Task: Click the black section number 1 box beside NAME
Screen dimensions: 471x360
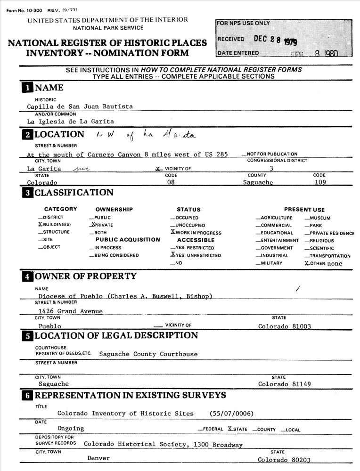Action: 27,88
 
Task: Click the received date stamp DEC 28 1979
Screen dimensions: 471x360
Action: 275,40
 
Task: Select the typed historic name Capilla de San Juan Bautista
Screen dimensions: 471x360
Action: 80,106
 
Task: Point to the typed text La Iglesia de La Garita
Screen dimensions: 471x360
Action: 70,122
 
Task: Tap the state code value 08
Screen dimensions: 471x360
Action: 171,182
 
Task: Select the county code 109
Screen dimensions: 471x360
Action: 320,182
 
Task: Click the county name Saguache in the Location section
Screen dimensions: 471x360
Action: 258,182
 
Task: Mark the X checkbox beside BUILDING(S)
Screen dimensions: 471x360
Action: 40,225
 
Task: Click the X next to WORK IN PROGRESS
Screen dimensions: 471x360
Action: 173,233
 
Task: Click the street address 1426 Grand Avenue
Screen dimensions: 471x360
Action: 71,311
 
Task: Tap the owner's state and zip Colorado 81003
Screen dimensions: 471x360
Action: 285,326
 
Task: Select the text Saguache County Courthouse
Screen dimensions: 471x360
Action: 148,354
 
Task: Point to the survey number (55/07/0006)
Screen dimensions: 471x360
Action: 232,414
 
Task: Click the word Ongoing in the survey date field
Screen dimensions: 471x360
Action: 71,428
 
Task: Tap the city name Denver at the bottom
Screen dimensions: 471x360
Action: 98,458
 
